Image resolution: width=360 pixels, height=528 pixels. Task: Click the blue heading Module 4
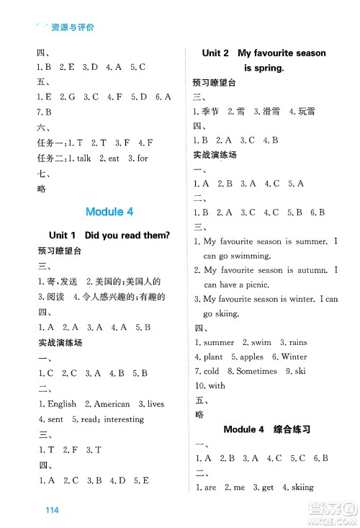109,212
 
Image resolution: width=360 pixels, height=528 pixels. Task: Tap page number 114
50,510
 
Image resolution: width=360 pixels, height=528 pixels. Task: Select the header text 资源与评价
73,27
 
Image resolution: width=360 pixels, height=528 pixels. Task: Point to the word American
112,404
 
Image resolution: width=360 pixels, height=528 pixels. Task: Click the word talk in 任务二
84,158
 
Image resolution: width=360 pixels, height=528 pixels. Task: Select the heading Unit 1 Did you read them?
109,235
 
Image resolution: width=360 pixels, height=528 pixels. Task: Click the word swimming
247,255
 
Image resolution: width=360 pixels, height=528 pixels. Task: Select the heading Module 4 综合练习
266,429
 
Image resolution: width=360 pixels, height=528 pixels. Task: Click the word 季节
210,112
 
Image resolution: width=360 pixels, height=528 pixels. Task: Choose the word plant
212,357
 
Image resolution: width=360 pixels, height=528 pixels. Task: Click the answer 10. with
209,385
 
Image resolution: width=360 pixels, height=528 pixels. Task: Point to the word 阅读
55,297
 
